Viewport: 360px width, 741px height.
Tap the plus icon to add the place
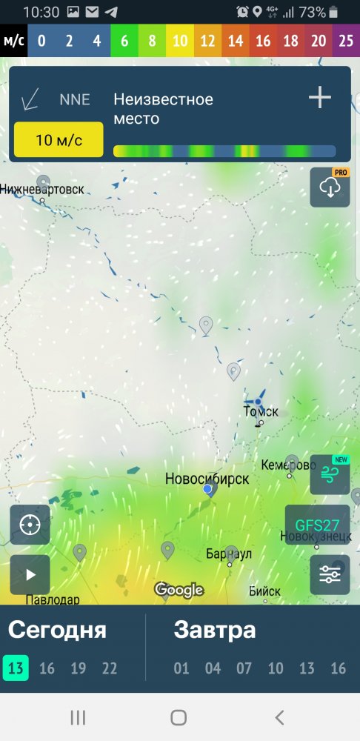point(320,98)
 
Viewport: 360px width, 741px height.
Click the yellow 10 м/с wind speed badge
point(59,140)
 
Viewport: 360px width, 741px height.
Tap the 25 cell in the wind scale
point(346,41)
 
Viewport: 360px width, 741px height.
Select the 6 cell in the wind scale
point(124,41)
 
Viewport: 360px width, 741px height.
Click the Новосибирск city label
point(207,479)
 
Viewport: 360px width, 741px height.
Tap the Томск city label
point(261,412)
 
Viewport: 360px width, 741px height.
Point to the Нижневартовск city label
point(41,190)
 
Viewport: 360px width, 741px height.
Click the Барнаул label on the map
point(229,554)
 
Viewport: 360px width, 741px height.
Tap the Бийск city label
point(264,591)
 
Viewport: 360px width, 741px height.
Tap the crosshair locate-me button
point(30,525)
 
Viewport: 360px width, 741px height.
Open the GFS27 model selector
point(317,525)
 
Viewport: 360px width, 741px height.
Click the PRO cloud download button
point(330,187)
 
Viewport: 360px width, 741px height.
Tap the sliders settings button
point(330,574)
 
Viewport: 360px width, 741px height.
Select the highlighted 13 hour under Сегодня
point(16,668)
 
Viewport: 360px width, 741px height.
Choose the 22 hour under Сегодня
point(110,668)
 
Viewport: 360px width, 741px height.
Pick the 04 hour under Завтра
point(213,668)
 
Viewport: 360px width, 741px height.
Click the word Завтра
point(215,631)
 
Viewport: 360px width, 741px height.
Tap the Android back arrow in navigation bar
point(279,717)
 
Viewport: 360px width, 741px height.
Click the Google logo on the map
point(179,590)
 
